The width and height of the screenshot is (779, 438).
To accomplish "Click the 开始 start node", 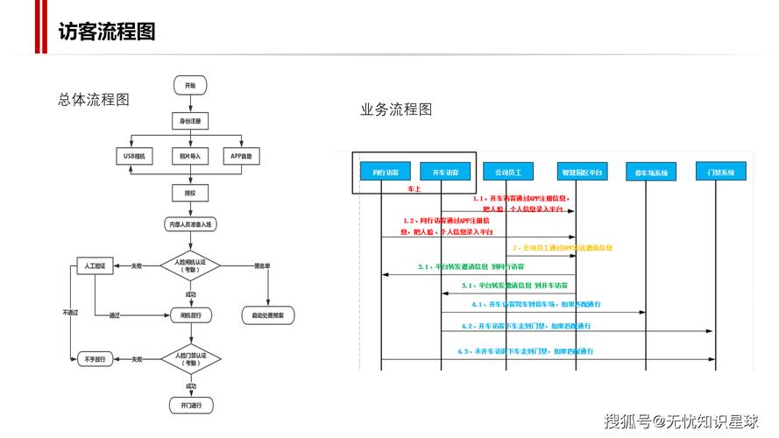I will tap(190, 85).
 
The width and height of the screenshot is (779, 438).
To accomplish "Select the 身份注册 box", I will tap(190, 119).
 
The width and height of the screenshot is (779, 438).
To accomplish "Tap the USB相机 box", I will tap(134, 157).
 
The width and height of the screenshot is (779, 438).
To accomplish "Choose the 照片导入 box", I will tap(190, 157).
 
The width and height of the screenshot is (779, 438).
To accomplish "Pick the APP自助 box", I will tap(244, 157).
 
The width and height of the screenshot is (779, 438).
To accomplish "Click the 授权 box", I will tap(190, 193).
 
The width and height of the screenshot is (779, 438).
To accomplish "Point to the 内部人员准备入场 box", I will tap(190, 225).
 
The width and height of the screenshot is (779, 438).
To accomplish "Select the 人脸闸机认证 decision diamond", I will tap(190, 265).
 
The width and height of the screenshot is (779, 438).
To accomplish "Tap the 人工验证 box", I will tap(96, 265).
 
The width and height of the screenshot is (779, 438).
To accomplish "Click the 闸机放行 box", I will tap(190, 314).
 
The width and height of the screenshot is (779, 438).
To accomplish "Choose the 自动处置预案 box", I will tap(268, 314).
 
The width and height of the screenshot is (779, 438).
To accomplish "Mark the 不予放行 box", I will tap(96, 358).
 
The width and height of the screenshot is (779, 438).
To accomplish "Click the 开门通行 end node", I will tap(190, 406).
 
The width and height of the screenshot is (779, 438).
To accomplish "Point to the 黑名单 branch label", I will tap(261, 265).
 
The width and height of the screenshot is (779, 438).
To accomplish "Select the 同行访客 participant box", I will tap(385, 173).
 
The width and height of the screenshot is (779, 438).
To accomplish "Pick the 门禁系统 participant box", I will tap(720, 172).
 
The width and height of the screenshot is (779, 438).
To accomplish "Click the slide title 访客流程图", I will tap(107, 32).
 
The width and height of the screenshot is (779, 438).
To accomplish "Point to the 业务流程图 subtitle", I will tap(396, 110).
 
